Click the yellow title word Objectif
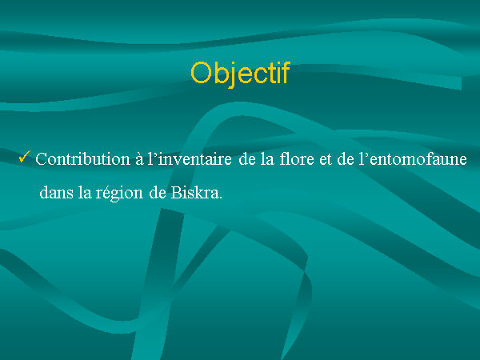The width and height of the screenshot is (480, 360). click(240, 74)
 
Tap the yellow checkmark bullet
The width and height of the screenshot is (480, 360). click(25, 157)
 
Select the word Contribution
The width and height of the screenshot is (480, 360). click(83, 159)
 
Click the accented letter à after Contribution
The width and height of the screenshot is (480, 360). click(139, 159)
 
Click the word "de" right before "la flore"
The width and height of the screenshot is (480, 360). click(247, 159)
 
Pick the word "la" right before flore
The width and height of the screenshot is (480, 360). click(267, 159)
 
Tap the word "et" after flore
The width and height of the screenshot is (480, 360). click(326, 160)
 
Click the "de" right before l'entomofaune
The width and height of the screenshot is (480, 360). click(345, 159)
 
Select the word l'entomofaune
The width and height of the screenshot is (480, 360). click(413, 159)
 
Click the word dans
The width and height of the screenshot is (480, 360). click(56, 193)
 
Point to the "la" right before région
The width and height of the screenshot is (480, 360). click(85, 193)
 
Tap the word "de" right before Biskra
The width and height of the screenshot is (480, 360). click(158, 193)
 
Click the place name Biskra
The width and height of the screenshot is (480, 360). click(194, 193)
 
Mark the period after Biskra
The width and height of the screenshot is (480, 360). click(221, 198)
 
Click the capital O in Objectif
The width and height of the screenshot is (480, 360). click(201, 73)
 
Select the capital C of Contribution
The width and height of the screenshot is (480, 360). click(41, 159)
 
